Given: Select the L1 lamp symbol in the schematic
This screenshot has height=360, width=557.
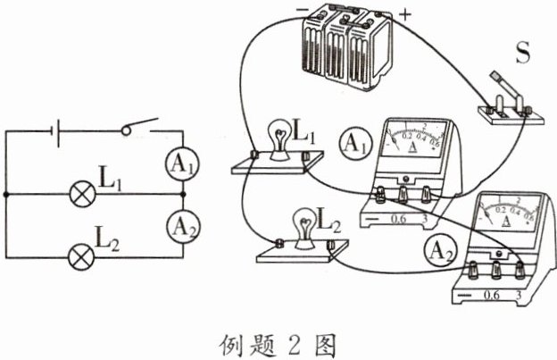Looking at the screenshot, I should (79, 192).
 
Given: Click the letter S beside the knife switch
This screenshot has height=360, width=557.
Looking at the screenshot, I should (523, 52).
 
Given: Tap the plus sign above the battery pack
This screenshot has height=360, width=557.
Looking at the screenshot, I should (407, 15).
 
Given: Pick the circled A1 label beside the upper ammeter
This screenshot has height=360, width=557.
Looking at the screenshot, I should (354, 142).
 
